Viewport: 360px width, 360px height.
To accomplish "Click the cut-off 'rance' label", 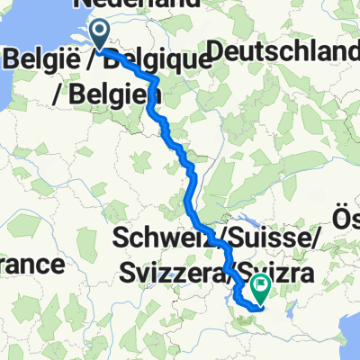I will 31,265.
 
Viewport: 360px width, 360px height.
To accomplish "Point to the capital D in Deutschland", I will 215,56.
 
